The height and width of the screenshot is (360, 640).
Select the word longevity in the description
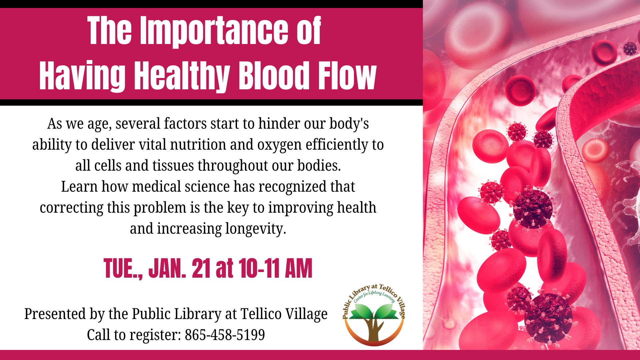pyautogui.click(x=255, y=229)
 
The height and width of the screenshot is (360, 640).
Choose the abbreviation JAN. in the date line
pyautogui.click(x=167, y=268)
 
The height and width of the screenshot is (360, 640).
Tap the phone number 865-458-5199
pyautogui.click(x=225, y=335)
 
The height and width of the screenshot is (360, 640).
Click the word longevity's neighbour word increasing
pyautogui.click(x=189, y=229)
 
